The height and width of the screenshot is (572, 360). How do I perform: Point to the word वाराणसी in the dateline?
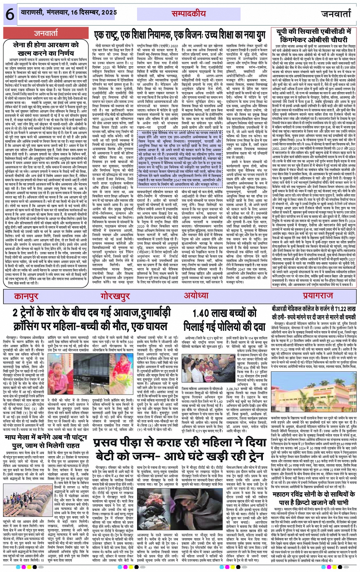(34, 13)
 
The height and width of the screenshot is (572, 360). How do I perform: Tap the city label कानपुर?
(27, 296)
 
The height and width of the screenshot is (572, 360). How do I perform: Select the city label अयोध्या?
(196, 296)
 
